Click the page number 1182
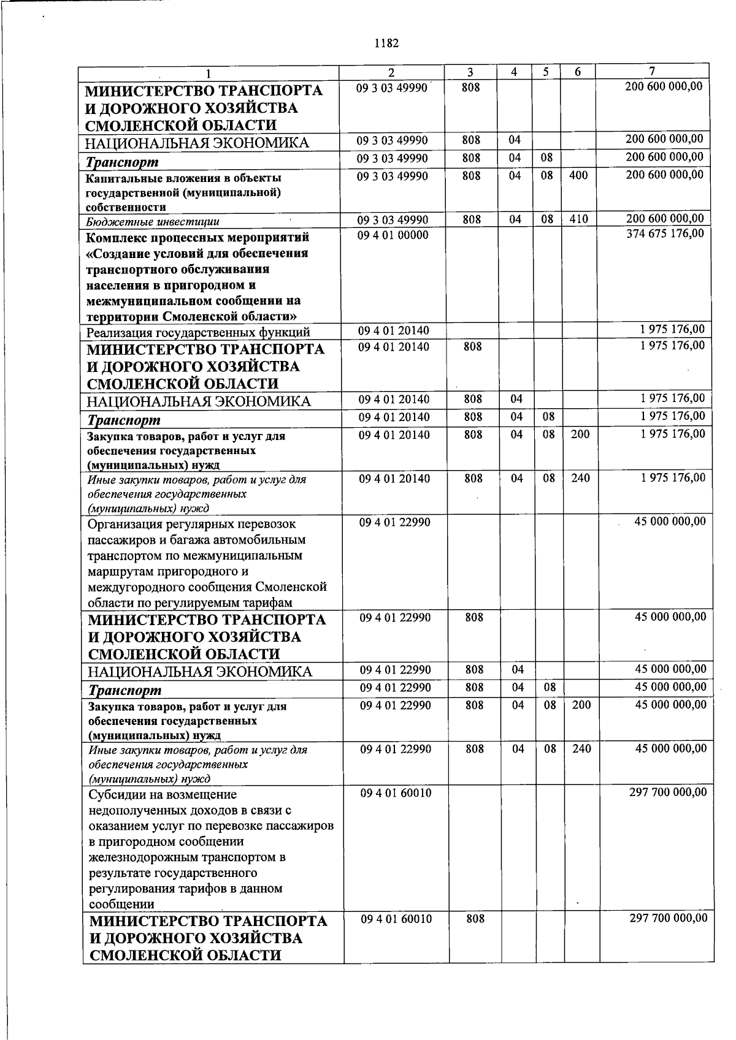[386, 44]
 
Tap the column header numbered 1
[208, 74]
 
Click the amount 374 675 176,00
[665, 233]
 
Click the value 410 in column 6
[578, 219]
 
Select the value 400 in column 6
[578, 176]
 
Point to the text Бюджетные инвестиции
[153, 221]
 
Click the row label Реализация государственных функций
[198, 333]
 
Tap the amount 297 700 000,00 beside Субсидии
[668, 792]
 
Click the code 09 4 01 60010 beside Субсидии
[396, 793]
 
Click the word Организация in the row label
[125, 524]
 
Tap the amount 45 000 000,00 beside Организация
[670, 522]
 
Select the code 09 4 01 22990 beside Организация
[395, 523]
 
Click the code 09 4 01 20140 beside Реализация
[394, 331]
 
